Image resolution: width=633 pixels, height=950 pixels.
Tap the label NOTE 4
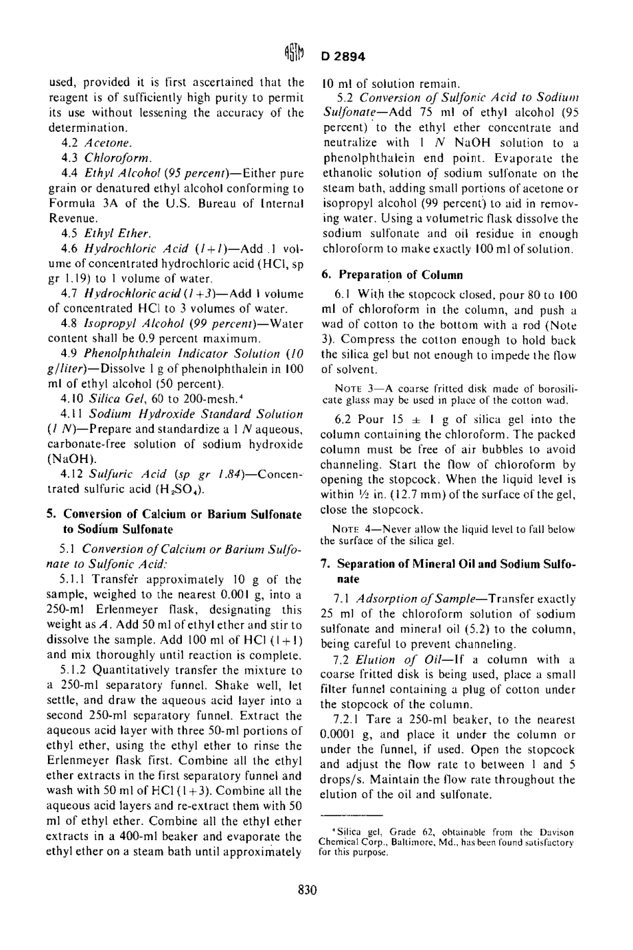pyautogui.click(x=342, y=529)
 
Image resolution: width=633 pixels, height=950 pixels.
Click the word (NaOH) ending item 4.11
pyautogui.click(x=70, y=459)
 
